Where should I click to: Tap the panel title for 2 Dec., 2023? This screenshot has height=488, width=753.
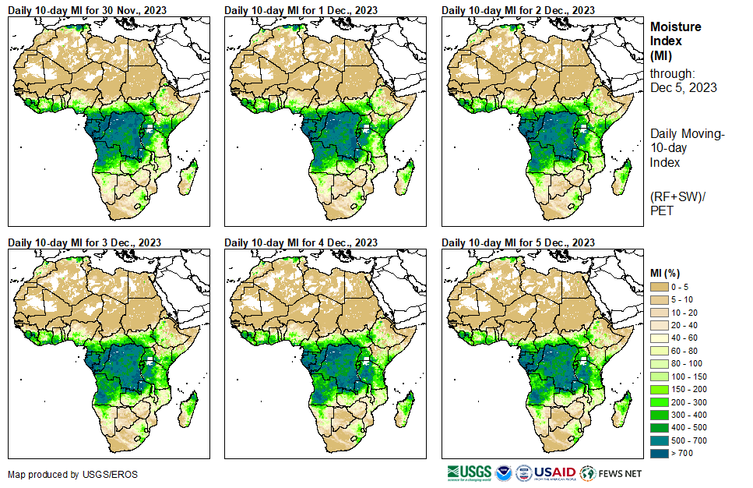pyautogui.click(x=518, y=9)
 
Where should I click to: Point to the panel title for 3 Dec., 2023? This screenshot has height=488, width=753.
pyautogui.click(x=84, y=242)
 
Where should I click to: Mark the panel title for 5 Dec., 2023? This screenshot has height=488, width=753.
pyautogui.click(x=518, y=242)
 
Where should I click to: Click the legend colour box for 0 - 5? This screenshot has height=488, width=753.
pyautogui.click(x=659, y=287)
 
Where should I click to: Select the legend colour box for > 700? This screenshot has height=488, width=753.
pyautogui.click(x=659, y=452)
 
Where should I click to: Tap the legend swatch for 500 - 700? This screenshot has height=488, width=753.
pyautogui.click(x=659, y=440)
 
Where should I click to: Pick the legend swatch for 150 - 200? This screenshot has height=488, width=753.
pyautogui.click(x=659, y=388)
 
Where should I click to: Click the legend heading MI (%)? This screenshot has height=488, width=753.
pyautogui.click(x=668, y=273)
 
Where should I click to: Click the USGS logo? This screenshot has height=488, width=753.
pyautogui.click(x=469, y=472)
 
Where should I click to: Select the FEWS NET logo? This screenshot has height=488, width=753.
pyautogui.click(x=610, y=472)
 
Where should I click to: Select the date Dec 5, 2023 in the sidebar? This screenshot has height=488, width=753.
pyautogui.click(x=683, y=87)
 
